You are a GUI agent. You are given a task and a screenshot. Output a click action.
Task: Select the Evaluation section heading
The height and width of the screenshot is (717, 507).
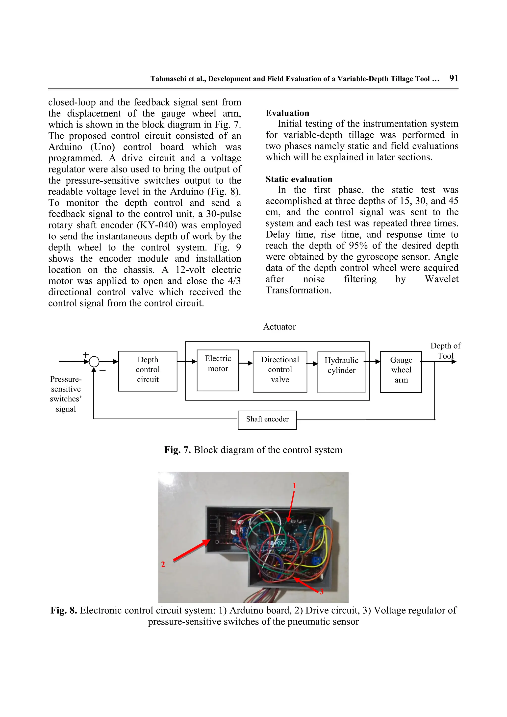pyautogui.click(x=287, y=113)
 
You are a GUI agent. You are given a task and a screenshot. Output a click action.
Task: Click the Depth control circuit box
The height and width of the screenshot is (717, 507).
pyautogui.click(x=148, y=371)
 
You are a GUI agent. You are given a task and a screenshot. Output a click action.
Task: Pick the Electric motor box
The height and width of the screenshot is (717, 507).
pyautogui.click(x=218, y=370)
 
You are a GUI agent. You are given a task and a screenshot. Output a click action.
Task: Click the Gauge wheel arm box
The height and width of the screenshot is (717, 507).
pyautogui.click(x=401, y=371)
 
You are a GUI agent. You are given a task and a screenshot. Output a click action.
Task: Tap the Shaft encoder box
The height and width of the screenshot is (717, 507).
pyautogui.click(x=267, y=420)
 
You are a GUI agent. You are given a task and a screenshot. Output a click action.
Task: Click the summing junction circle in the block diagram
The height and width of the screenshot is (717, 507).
pyautogui.click(x=94, y=362)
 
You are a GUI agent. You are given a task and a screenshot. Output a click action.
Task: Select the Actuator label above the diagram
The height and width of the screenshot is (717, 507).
pyautogui.click(x=279, y=327)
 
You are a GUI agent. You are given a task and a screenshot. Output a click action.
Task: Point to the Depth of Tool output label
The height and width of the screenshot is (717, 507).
pyautogui.click(x=445, y=351)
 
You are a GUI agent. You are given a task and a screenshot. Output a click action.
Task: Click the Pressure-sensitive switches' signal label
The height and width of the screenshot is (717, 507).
pyautogui.click(x=66, y=394)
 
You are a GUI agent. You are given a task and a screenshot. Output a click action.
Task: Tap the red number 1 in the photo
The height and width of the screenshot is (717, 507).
pyautogui.click(x=294, y=486)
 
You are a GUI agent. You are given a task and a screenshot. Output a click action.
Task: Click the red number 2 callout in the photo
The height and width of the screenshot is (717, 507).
pyautogui.click(x=163, y=564)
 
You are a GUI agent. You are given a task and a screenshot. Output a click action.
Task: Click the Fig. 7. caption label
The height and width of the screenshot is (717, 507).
pyautogui.click(x=177, y=450)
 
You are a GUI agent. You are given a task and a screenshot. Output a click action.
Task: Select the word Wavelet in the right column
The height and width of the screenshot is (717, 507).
pyautogui.click(x=441, y=279)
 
